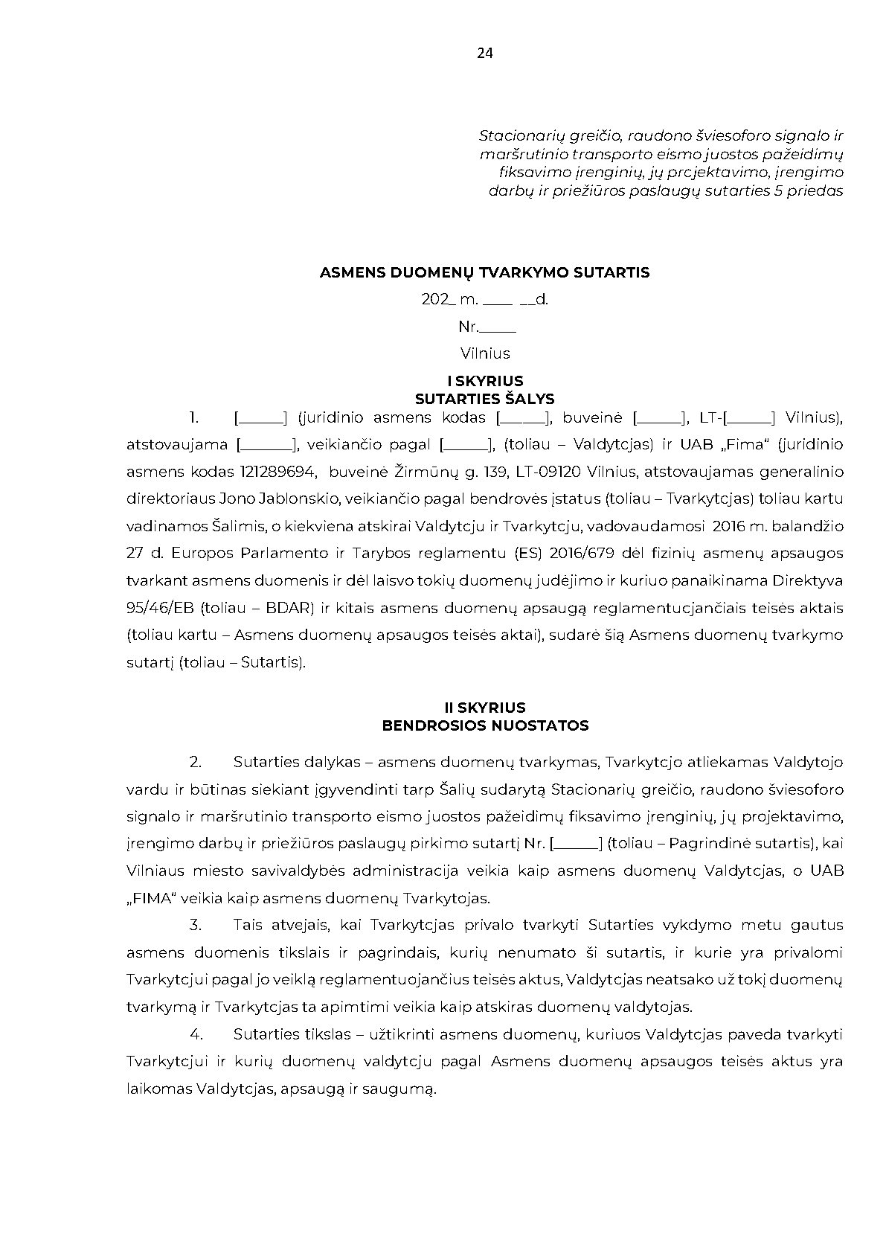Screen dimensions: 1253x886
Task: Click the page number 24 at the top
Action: pyautogui.click(x=484, y=53)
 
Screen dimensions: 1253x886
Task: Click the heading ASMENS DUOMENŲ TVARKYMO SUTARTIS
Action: pyautogui.click(x=484, y=272)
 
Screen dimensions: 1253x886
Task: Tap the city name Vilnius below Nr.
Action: pyautogui.click(x=485, y=353)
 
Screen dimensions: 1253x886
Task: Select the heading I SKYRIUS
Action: pyautogui.click(x=485, y=382)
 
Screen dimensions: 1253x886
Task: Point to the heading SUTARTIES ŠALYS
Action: pyautogui.click(x=485, y=399)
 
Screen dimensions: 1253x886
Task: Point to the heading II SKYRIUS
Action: pyautogui.click(x=485, y=708)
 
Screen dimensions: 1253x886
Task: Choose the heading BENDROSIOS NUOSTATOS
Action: pyautogui.click(x=485, y=725)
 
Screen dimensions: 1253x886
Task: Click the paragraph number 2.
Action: pyautogui.click(x=196, y=762)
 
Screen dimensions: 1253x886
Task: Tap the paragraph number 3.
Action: pyautogui.click(x=196, y=925)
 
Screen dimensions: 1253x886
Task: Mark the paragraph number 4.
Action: pyautogui.click(x=196, y=1034)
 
